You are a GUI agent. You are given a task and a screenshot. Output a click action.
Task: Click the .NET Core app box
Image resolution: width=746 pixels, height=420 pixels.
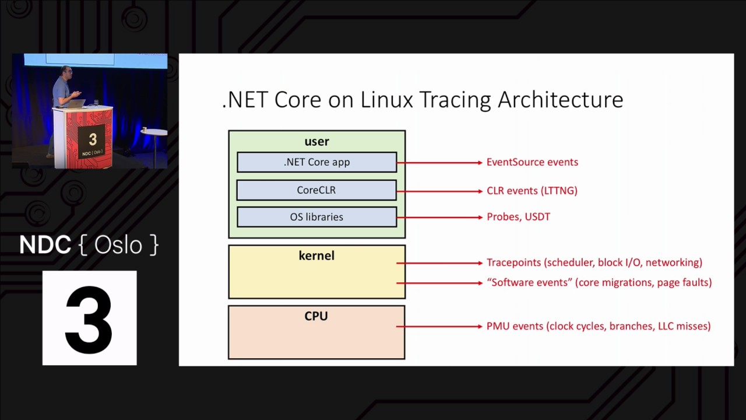point(316,162)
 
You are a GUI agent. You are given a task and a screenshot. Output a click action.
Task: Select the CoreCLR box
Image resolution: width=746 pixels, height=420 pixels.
point(316,190)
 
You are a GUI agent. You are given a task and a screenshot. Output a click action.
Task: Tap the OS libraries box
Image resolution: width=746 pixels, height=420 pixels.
point(316,217)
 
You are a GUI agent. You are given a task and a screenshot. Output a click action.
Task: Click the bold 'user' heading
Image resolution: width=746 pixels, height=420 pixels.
point(316,142)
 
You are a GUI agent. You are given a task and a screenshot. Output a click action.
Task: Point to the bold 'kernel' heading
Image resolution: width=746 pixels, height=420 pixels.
point(316,256)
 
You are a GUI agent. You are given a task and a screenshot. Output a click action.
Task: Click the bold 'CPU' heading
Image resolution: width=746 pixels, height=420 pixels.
point(316,316)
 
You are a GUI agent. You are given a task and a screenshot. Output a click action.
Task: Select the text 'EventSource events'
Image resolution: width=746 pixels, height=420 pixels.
point(532,162)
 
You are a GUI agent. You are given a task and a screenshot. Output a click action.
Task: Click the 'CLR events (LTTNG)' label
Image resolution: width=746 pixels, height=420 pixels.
point(532,191)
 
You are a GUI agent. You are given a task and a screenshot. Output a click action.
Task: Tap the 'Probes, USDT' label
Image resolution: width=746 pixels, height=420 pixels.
point(518,217)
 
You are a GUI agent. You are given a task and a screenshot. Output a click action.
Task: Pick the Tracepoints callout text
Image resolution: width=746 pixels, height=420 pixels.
point(594,262)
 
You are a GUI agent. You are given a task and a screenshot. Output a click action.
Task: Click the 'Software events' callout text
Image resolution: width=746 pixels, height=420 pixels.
point(599,282)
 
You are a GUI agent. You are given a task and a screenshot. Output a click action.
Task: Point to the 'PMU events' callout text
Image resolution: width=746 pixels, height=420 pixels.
point(598,326)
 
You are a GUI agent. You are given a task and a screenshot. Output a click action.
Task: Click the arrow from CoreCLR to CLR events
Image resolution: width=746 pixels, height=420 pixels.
point(440,191)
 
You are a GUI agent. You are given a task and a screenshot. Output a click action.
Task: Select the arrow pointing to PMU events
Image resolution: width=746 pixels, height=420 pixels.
point(440,326)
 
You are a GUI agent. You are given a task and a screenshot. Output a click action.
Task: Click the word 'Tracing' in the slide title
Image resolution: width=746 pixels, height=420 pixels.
point(455,100)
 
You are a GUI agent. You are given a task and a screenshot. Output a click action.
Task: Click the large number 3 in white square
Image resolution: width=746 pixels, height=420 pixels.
point(89,318)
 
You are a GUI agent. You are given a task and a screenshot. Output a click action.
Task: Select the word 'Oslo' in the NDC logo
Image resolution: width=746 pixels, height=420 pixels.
point(118,245)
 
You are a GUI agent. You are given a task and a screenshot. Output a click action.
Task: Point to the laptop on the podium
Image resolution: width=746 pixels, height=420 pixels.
point(78,104)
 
